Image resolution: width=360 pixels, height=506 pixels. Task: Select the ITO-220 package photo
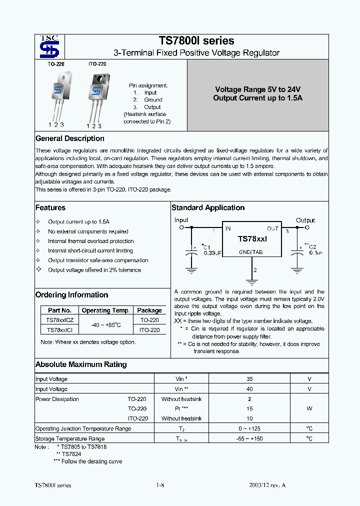point(96,90)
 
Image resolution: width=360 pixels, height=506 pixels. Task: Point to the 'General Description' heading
point(70,138)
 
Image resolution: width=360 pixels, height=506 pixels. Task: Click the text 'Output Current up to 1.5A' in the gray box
point(257,98)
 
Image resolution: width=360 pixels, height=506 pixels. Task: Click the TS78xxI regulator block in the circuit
point(252,240)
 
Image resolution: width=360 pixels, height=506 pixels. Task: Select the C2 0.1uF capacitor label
point(312,249)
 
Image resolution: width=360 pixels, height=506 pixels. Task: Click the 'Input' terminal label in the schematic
point(181,220)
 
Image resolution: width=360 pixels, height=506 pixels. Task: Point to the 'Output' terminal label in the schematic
point(305,220)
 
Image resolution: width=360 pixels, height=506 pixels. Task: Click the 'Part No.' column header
point(59,310)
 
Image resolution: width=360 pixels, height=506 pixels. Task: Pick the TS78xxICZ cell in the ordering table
point(59,320)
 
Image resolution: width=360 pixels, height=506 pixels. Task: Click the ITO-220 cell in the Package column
point(149,330)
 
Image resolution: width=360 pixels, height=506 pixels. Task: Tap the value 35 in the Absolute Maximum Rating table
point(249,379)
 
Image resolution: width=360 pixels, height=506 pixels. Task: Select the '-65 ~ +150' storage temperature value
point(249,438)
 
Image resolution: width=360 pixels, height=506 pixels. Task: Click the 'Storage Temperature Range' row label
point(70,438)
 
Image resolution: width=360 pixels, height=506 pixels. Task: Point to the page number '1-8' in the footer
point(160,485)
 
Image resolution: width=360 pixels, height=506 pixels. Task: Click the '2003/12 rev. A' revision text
point(267,485)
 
